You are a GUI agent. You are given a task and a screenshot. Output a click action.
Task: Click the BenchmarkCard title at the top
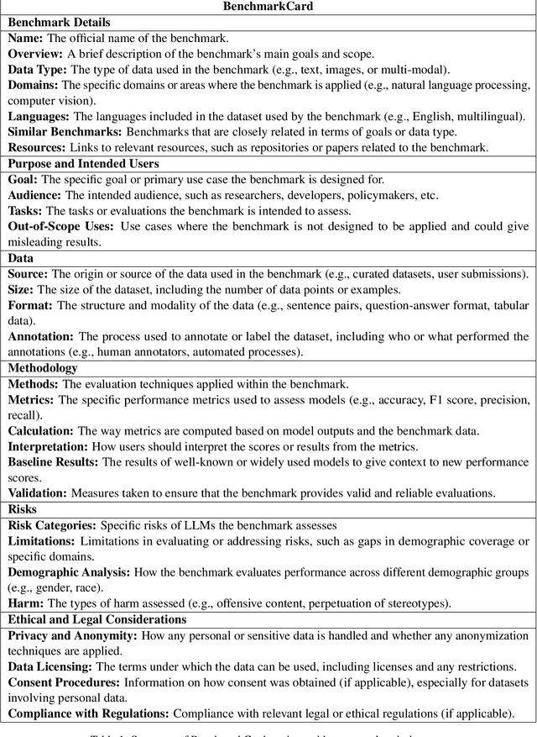click(x=268, y=7)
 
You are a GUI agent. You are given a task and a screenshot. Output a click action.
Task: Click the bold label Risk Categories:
click(x=51, y=524)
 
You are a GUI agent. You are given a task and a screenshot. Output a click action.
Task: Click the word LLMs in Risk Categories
click(x=199, y=524)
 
